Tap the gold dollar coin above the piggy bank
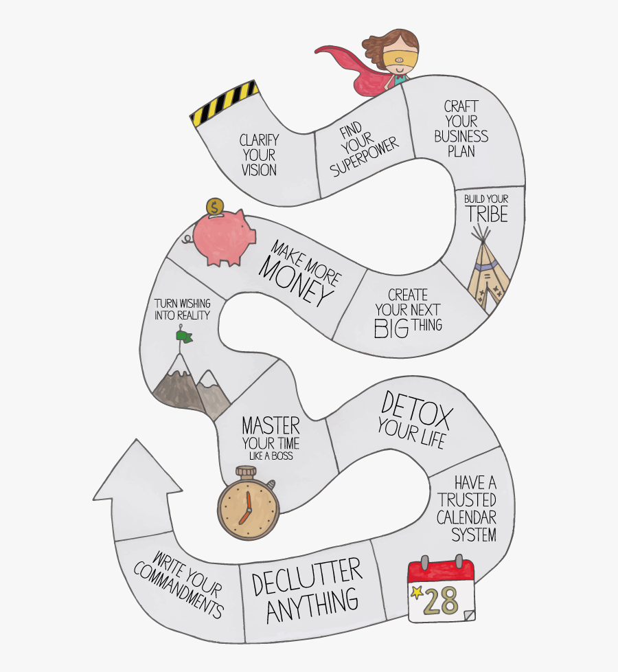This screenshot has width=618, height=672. [214, 208]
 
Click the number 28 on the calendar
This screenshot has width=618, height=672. [441, 601]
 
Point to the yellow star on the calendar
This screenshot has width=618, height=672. [416, 592]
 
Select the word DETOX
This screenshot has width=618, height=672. [416, 411]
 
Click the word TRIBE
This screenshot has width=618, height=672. [488, 214]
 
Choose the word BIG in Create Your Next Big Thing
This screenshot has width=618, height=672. [391, 329]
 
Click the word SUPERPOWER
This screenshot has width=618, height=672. [365, 157]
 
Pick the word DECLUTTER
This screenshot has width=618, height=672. [307, 577]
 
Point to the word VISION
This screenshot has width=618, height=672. [259, 170]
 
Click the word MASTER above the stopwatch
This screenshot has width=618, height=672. [271, 426]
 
